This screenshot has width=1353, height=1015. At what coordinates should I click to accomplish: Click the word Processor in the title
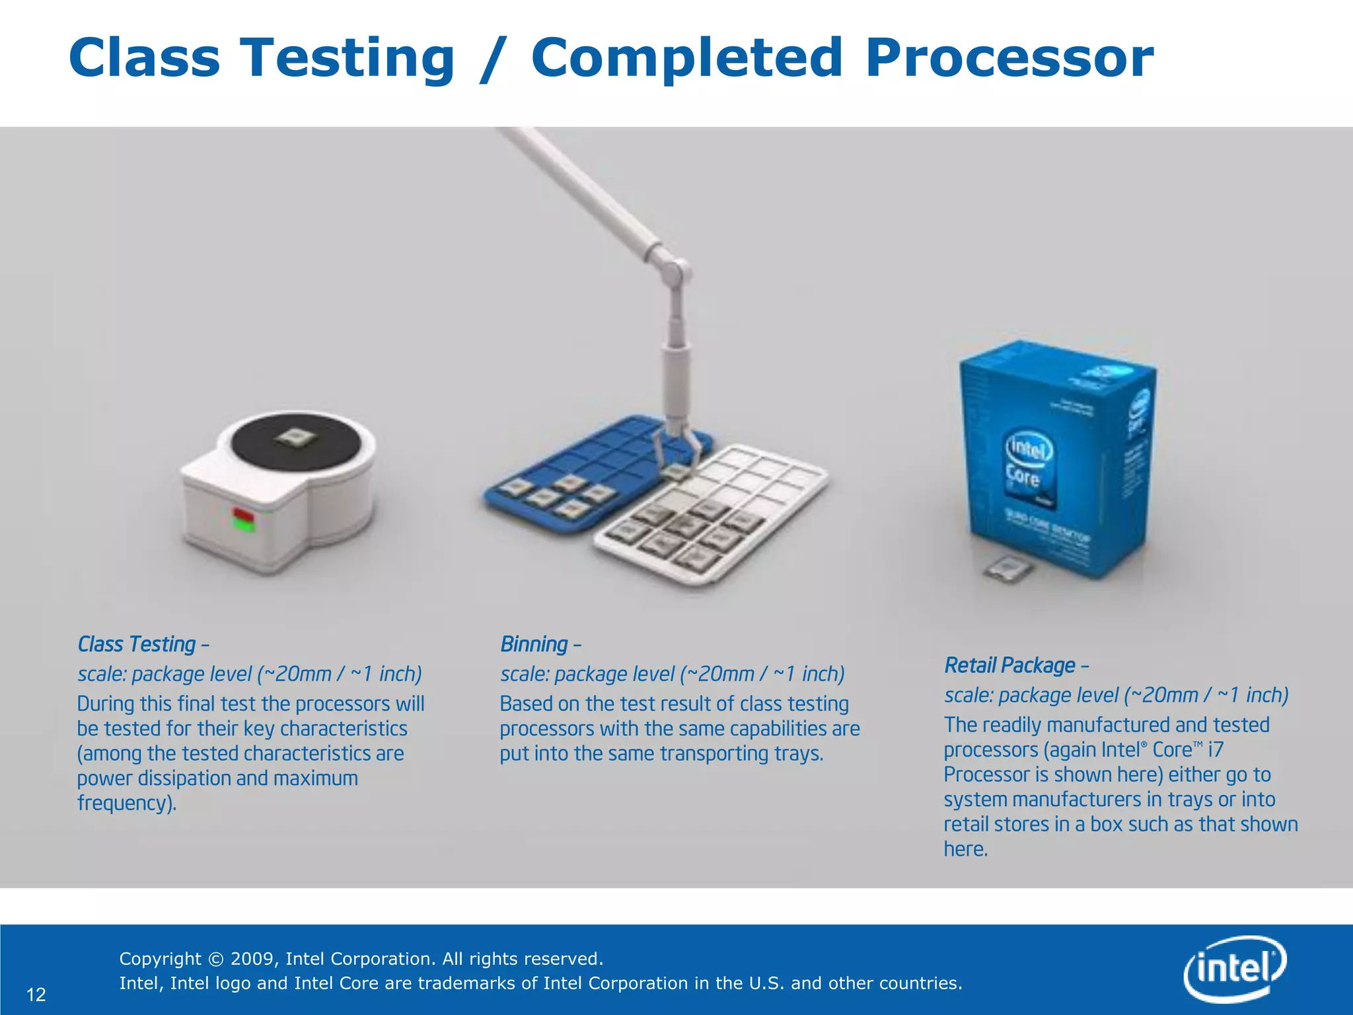pos(1009,58)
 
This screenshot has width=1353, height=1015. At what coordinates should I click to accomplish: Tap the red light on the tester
pos(242,513)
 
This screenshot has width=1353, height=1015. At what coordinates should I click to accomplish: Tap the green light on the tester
pos(244,525)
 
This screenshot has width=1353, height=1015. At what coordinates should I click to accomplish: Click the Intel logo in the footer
pos(1234,969)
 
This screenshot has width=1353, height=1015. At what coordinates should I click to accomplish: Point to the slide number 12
pos(36,995)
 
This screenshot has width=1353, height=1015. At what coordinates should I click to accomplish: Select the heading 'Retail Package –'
pos(1016,665)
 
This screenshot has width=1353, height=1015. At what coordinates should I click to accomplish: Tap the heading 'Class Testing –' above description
pos(143,644)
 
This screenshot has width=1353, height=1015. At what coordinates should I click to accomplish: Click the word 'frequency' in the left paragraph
pos(124,803)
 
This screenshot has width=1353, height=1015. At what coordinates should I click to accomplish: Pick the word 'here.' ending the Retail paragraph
pos(965,849)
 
